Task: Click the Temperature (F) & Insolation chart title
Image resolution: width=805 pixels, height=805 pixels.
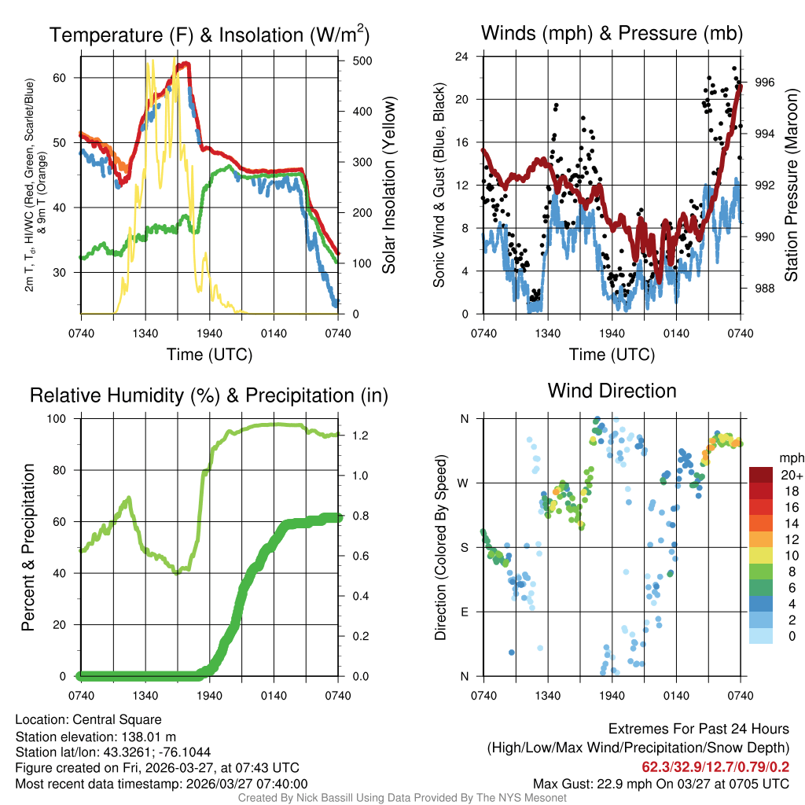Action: [x=209, y=35]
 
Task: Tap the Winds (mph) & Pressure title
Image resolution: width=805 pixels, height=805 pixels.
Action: [x=612, y=33]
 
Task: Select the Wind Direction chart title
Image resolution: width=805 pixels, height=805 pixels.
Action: [x=612, y=391]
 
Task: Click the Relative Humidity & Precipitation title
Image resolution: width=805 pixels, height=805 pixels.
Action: [x=209, y=395]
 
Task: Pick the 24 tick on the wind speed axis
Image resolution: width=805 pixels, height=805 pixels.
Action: [x=462, y=57]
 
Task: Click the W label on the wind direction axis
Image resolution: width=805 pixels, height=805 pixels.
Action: [x=464, y=483]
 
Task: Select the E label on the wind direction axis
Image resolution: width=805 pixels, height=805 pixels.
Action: [x=465, y=612]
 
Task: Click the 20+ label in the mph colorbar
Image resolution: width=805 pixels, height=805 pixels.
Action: [x=790, y=475]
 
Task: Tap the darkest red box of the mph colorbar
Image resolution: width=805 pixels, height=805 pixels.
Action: [x=761, y=475]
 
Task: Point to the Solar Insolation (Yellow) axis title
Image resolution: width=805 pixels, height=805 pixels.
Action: [x=388, y=186]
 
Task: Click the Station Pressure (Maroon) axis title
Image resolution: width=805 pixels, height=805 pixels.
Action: [x=792, y=186]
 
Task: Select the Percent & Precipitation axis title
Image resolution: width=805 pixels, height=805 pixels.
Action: [x=28, y=547]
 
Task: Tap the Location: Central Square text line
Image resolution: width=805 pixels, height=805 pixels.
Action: [x=88, y=719]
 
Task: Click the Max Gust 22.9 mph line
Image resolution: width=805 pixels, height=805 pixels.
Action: [x=661, y=783]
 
